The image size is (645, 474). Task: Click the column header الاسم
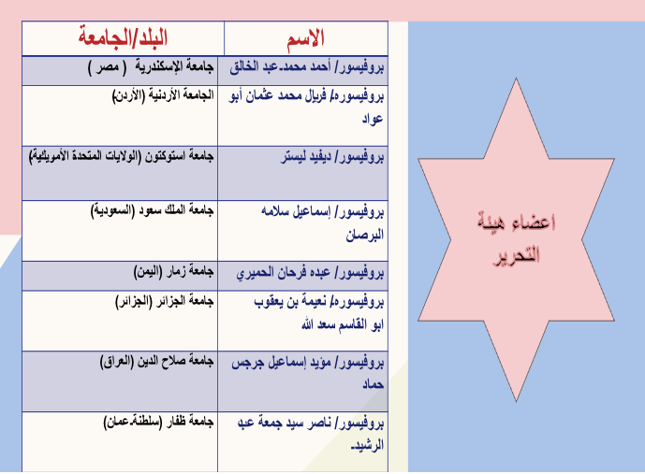click(x=305, y=39)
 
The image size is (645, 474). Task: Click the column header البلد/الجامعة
click(x=123, y=37)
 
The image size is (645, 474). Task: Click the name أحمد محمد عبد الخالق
click(x=280, y=66)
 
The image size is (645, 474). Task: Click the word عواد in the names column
click(x=373, y=119)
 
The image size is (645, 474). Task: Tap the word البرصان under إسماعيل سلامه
click(x=364, y=235)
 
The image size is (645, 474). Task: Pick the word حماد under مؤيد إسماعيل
click(x=374, y=384)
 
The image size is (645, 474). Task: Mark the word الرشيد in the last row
click(x=367, y=445)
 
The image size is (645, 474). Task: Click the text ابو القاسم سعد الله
click(x=343, y=325)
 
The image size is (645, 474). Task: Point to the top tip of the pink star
click(x=516, y=79)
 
